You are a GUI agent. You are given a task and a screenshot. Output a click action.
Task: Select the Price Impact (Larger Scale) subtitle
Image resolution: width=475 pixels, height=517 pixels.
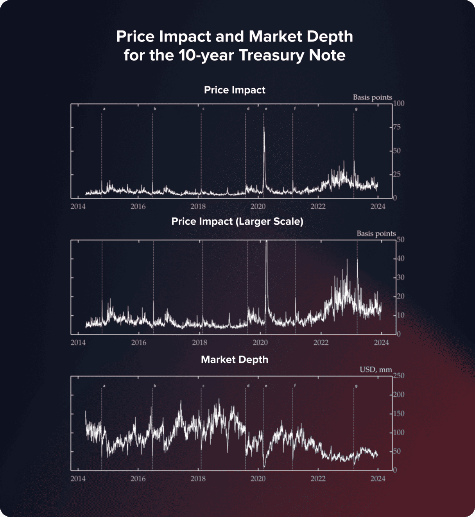pos(237,222)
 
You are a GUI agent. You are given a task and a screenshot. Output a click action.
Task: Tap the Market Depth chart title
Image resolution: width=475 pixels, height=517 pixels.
pos(235,360)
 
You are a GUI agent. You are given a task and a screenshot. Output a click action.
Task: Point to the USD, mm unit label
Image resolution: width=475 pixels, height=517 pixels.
pos(375,369)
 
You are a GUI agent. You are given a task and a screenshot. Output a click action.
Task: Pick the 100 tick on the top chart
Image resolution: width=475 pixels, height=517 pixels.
pos(399,103)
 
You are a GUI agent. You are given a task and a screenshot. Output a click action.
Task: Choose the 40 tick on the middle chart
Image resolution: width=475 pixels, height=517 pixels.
pos(400,258)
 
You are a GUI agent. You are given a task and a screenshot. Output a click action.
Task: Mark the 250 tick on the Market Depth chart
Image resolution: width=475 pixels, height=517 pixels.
pos(399,376)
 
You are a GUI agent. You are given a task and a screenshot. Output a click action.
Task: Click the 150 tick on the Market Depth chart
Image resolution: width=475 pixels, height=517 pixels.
pos(399,413)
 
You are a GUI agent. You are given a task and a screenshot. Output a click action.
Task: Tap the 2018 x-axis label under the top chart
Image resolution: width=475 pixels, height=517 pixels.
pos(198,206)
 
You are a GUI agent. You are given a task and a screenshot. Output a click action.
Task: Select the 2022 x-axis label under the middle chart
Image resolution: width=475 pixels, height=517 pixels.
pos(321,343)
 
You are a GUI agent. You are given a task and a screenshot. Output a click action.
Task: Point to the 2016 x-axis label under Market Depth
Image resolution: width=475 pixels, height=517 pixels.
pos(138,479)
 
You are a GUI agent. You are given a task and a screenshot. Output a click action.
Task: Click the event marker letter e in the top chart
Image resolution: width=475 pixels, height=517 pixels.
pos(266,109)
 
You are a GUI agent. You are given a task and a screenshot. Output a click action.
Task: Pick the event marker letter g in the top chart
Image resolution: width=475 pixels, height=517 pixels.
pos(356,109)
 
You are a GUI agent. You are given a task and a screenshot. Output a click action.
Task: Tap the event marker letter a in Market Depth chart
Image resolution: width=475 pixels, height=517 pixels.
pos(104,386)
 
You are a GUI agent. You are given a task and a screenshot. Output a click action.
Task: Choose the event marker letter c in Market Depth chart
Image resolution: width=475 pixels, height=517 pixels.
pos(203,386)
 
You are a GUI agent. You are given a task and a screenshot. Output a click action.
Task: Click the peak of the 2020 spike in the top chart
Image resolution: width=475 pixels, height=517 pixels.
pos(264,127)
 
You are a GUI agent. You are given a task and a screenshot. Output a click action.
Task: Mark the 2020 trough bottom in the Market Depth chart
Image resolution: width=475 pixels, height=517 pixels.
pos(264,466)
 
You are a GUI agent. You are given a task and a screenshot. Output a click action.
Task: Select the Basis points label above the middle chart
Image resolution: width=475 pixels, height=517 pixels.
pos(376,234)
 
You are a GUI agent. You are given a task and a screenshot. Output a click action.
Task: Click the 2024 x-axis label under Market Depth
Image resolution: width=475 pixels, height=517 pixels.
pos(378,479)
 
